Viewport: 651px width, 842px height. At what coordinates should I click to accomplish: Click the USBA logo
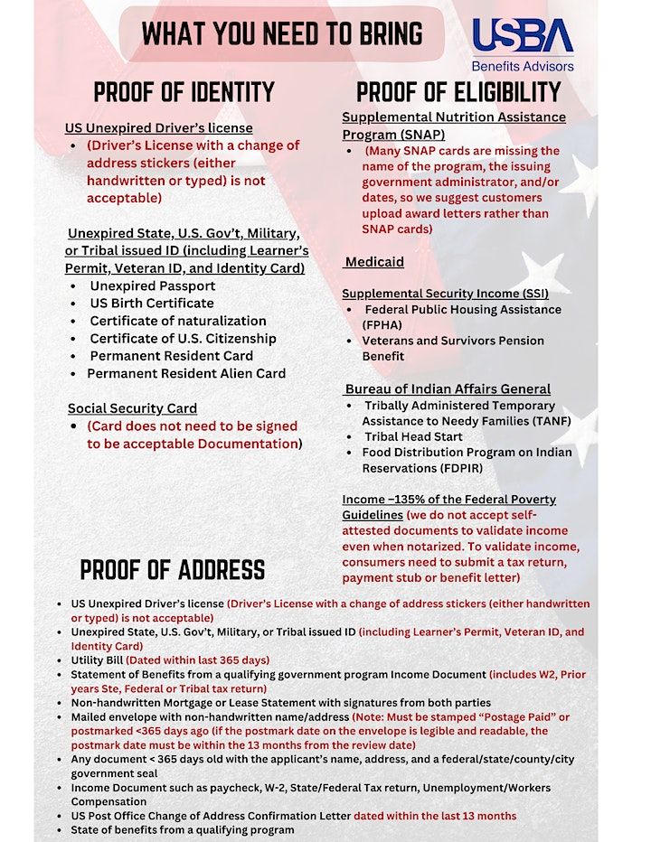[523, 37]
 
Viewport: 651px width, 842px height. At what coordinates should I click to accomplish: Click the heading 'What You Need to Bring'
[282, 33]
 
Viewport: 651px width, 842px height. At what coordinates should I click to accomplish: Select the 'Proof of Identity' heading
[184, 92]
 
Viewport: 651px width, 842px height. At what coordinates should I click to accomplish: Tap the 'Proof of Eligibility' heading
[458, 92]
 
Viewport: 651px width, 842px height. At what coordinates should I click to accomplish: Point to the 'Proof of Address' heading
[173, 569]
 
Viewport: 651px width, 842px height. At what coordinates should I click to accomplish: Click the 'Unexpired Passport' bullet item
[152, 285]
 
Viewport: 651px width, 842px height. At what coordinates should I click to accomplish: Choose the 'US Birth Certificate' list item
[152, 303]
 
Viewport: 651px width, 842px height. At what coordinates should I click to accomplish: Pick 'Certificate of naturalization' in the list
[178, 321]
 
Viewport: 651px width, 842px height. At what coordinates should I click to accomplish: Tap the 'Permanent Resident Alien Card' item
[186, 373]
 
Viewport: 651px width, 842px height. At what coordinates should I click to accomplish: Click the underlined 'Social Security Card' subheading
[132, 408]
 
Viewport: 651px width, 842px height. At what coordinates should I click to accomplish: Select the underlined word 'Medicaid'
[374, 262]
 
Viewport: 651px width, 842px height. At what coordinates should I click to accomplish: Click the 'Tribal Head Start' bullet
[413, 437]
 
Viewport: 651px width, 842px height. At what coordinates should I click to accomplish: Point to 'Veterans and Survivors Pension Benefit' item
[453, 348]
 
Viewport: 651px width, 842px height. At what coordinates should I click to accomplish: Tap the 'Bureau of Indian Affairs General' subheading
[448, 389]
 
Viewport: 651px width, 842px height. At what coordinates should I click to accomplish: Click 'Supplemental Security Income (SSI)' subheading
[445, 294]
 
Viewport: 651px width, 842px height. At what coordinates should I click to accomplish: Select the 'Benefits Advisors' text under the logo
[523, 66]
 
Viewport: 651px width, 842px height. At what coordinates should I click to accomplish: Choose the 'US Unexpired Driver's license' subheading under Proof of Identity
[159, 128]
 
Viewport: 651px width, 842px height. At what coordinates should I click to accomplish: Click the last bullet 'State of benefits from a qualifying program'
[183, 829]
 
